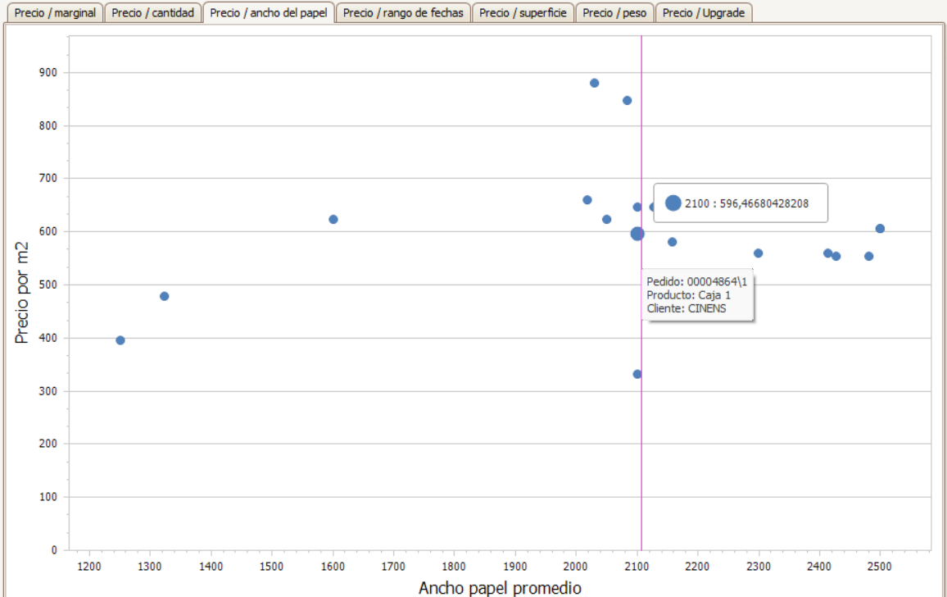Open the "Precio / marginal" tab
coord(54,12)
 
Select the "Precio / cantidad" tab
coord(153,12)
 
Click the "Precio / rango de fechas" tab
coord(403,12)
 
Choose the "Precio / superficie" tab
coord(523,12)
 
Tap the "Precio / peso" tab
coord(614,12)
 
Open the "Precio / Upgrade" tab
coord(704,12)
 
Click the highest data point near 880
coord(594,83)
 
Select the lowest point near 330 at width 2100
coord(637,375)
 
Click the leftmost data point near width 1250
coord(120,340)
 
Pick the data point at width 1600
coord(333,220)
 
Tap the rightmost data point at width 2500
coord(880,229)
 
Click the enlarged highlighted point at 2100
coord(637,234)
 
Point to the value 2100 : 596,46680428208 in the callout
coord(746,204)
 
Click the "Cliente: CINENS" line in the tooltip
coord(686,308)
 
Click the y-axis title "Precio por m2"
coord(22,293)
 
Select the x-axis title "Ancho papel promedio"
coord(500,588)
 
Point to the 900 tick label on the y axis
coord(48,73)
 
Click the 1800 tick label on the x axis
coord(454,567)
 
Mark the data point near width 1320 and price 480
coord(165,296)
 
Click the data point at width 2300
coord(758,253)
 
